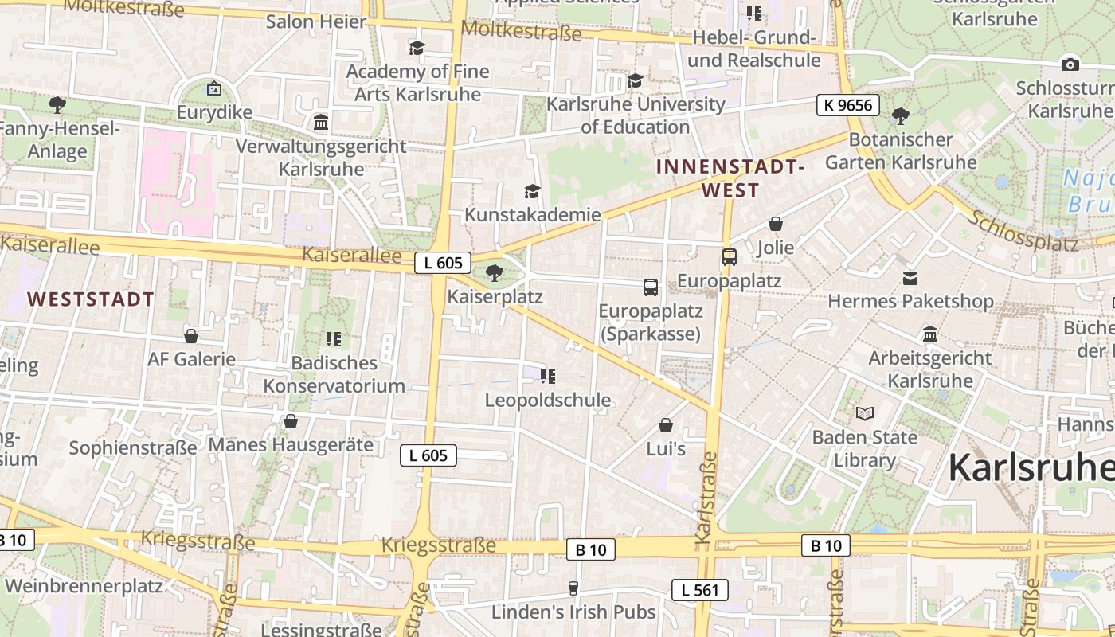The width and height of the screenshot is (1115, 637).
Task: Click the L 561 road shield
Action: click(x=699, y=590)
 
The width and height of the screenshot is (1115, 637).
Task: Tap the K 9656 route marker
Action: click(x=847, y=105)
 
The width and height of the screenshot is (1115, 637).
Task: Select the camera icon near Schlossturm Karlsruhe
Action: click(x=1070, y=64)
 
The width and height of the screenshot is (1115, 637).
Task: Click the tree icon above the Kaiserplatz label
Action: click(x=495, y=273)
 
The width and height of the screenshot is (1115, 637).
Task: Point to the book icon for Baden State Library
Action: click(x=865, y=413)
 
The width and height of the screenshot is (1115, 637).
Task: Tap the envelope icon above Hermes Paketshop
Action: click(x=910, y=278)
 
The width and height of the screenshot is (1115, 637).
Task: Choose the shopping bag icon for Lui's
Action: click(x=666, y=426)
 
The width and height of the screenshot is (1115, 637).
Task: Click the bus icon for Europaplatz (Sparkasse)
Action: click(x=651, y=287)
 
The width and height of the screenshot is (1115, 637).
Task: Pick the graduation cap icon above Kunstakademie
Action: click(x=532, y=191)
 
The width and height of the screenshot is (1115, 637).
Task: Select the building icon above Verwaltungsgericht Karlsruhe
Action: click(x=321, y=123)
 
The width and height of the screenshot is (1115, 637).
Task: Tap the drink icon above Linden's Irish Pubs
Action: click(x=573, y=588)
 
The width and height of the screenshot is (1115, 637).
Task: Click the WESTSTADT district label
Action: click(x=91, y=299)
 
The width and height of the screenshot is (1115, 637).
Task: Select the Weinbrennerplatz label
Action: click(x=84, y=586)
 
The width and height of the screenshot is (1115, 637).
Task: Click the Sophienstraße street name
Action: click(x=133, y=447)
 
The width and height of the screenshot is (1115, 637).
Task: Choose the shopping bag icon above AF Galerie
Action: click(x=191, y=336)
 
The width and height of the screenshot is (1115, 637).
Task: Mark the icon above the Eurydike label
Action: click(x=213, y=88)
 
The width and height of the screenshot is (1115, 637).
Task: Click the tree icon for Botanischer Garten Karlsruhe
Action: click(x=901, y=116)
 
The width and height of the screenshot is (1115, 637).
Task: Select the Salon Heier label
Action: click(x=316, y=21)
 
